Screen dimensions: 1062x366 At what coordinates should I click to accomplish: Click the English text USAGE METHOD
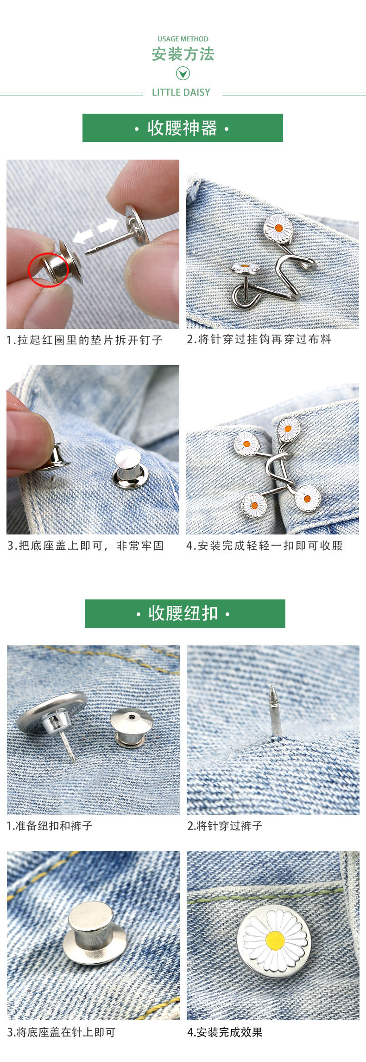coord(183,39)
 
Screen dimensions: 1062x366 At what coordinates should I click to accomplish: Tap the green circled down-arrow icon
coord(183,73)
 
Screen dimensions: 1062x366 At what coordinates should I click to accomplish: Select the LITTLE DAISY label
coord(181,92)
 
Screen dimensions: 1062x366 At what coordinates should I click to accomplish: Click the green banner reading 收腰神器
coord(183,128)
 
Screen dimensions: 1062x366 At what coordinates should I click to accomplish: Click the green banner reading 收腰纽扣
coord(184,613)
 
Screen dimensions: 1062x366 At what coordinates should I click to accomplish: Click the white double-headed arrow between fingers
coord(95,231)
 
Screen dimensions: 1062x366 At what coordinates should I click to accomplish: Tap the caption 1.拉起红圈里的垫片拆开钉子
coord(84,340)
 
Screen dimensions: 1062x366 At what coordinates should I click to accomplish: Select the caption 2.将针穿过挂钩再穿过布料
coord(259,339)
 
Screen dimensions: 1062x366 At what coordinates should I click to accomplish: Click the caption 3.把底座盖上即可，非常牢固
coord(86,546)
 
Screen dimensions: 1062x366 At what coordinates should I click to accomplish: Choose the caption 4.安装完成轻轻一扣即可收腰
coord(265,546)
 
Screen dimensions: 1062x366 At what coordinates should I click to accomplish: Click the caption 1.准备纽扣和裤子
coord(50,825)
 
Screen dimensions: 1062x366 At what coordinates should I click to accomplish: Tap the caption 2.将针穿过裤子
coord(225,825)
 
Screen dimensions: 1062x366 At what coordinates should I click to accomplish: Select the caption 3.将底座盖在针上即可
coord(61,1032)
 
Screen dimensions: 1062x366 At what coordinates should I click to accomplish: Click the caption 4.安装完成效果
coord(225,1032)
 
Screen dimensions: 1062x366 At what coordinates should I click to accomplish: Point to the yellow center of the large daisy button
coord(275,940)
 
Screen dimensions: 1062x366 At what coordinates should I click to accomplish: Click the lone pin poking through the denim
coord(275,712)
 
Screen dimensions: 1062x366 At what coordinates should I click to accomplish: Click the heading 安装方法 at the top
coord(183,54)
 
